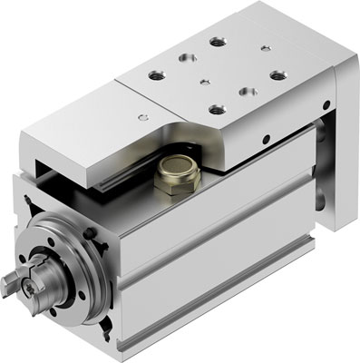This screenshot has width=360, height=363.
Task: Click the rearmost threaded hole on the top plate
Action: click(216, 41)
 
